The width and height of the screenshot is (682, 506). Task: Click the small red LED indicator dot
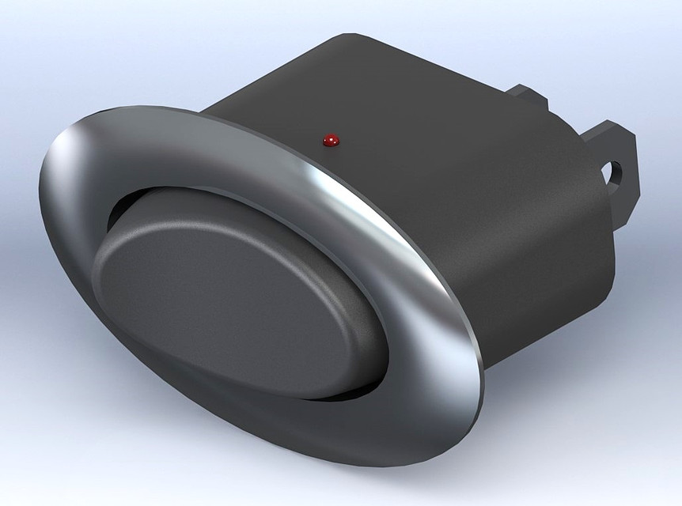331,141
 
